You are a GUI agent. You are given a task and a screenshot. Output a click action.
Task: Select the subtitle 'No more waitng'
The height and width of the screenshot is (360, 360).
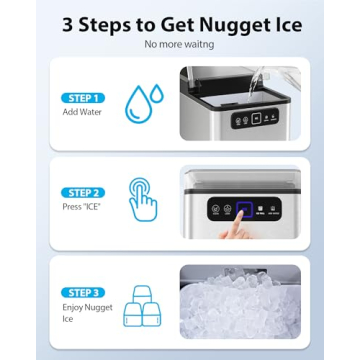click(179, 45)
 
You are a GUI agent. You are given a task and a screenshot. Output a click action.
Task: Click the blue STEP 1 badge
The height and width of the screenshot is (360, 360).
click(82, 98)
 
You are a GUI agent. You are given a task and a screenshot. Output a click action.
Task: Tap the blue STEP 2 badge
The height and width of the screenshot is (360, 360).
click(82, 192)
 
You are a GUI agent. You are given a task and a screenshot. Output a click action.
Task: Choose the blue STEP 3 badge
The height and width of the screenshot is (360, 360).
click(82, 292)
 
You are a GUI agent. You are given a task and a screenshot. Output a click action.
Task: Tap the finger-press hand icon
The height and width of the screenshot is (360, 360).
click(142, 199)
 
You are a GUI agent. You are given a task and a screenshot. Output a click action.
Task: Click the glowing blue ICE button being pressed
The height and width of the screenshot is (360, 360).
click(241, 210)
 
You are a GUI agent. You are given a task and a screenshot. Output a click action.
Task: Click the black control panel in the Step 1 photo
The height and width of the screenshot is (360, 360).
click(240, 118)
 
